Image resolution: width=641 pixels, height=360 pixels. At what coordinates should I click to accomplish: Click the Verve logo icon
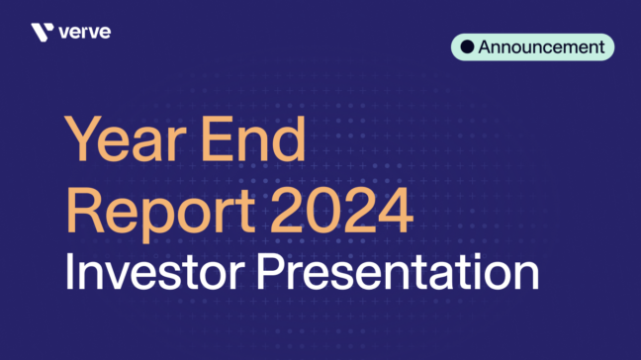coord(42,32)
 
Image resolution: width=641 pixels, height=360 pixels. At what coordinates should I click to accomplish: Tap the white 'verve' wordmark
coord(84,32)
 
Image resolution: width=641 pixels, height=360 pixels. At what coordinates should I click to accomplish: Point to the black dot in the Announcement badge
coord(467,46)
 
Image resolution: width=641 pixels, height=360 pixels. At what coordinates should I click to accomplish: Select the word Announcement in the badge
coord(541,46)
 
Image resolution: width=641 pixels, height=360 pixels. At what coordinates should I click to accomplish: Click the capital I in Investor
coord(69,270)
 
